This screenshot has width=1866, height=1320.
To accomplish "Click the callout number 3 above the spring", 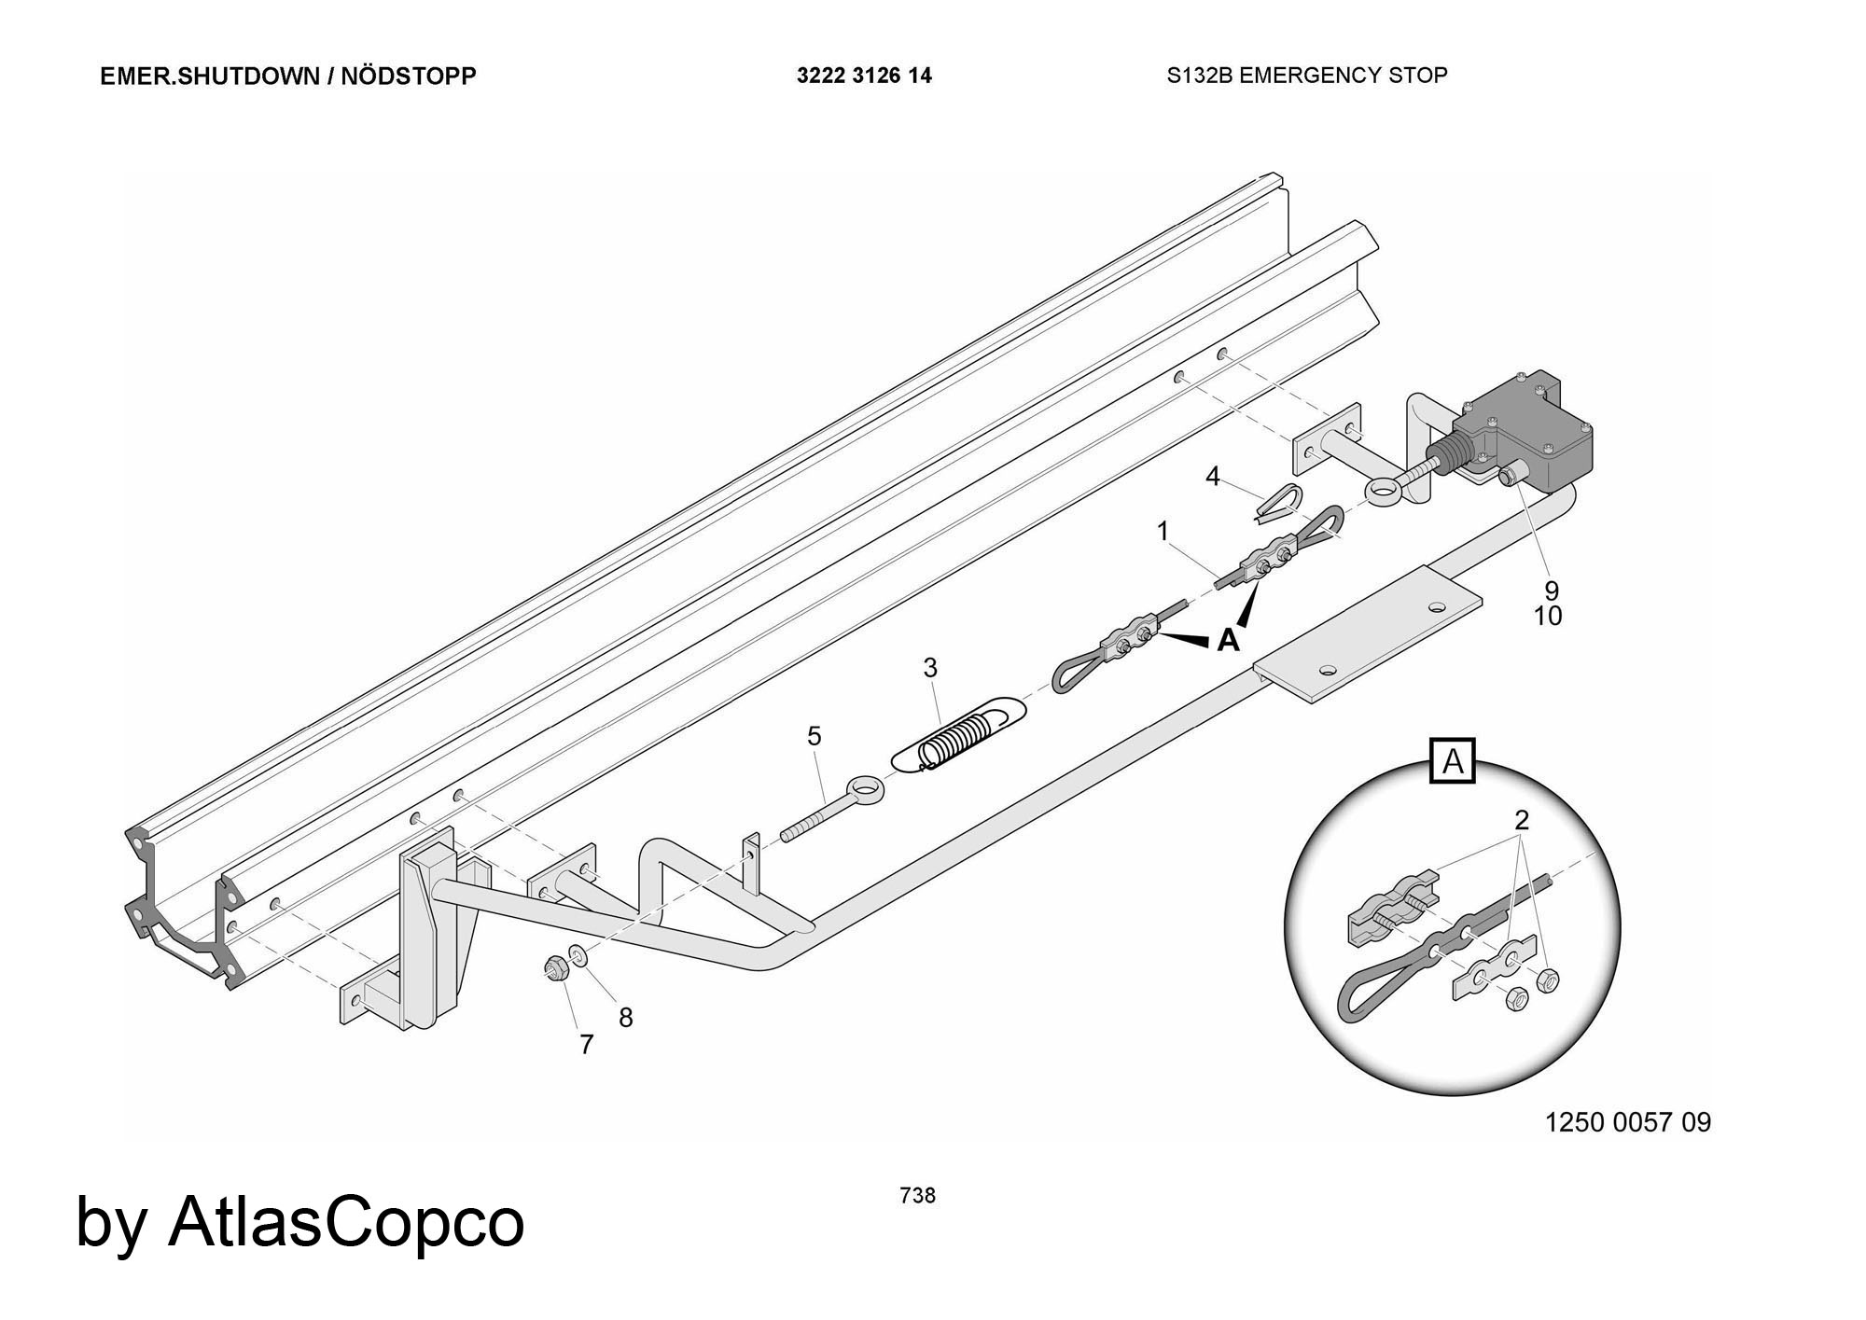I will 929,668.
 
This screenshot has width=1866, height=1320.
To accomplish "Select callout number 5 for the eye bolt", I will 814,737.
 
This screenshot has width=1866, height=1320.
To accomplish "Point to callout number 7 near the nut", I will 586,1045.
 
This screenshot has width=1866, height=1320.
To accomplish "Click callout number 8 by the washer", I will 626,1018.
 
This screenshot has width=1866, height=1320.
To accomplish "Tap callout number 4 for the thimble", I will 1212,477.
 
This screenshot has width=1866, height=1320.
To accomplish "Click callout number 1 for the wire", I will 1163,531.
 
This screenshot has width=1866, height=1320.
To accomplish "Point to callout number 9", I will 1551,591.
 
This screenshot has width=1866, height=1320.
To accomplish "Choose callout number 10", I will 1548,616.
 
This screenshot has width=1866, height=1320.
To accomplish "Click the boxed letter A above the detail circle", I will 1453,762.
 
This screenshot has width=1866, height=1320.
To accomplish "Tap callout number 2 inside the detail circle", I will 1522,821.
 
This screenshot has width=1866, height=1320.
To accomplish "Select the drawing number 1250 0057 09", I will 1628,1122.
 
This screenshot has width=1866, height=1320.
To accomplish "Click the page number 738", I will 917,1195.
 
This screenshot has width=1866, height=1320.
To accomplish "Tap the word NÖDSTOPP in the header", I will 408,76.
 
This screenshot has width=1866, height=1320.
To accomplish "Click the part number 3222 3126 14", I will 863,76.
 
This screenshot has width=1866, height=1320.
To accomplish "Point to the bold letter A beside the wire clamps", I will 1229,641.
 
